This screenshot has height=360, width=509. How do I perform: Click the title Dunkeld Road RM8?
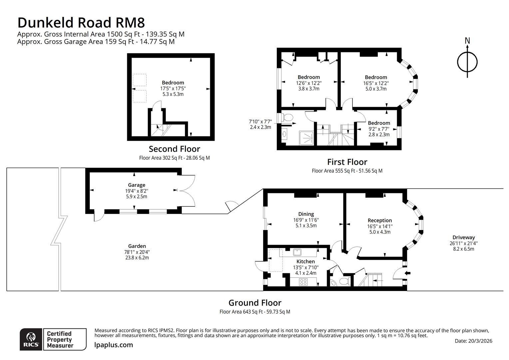pyautogui.click(x=81, y=23)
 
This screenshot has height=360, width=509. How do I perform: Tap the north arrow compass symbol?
pyautogui.click(x=467, y=62)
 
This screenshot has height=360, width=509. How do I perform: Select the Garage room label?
pyautogui.click(x=137, y=185)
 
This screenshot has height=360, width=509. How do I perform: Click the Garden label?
pyautogui.click(x=137, y=246)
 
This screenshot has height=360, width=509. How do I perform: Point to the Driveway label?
pyautogui.click(x=463, y=238)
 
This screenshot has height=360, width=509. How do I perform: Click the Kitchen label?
pyautogui.click(x=305, y=262)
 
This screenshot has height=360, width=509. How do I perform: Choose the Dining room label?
pyautogui.click(x=306, y=214)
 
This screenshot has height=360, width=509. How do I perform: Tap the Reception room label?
pyautogui.click(x=379, y=220)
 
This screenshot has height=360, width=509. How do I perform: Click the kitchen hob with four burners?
pyautogui.click(x=303, y=282)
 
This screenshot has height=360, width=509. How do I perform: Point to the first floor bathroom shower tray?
pyautogui.click(x=306, y=137)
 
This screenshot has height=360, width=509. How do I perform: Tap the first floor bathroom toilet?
pyautogui.click(x=287, y=117)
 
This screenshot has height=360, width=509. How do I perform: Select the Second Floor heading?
pyautogui.click(x=174, y=149)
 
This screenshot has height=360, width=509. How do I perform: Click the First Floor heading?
pyautogui.click(x=347, y=162)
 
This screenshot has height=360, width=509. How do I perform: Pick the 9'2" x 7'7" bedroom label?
pyautogui.click(x=379, y=123)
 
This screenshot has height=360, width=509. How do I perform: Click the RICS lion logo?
pyautogui.click(x=31, y=339)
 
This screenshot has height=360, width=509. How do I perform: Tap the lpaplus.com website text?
pyautogui.click(x=114, y=345)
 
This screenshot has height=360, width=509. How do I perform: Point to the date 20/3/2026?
pyautogui.click(x=473, y=341)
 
